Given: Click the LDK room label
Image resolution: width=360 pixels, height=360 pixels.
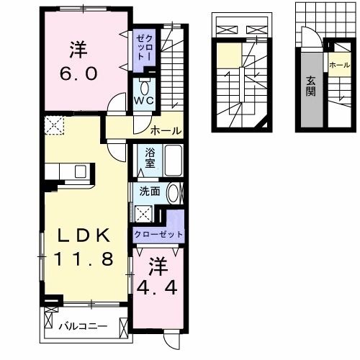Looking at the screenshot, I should pos(79,235).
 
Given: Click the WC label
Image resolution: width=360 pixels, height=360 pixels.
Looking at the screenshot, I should pos(144,101).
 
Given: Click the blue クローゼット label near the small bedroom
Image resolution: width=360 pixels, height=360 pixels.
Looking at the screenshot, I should pos(158,234).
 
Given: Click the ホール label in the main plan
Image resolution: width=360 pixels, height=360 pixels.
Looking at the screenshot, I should pos(165,130).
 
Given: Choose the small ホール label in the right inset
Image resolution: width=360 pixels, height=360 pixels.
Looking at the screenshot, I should pos(337,65).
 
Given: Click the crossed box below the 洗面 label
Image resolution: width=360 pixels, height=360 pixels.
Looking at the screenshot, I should pos(145,212).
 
